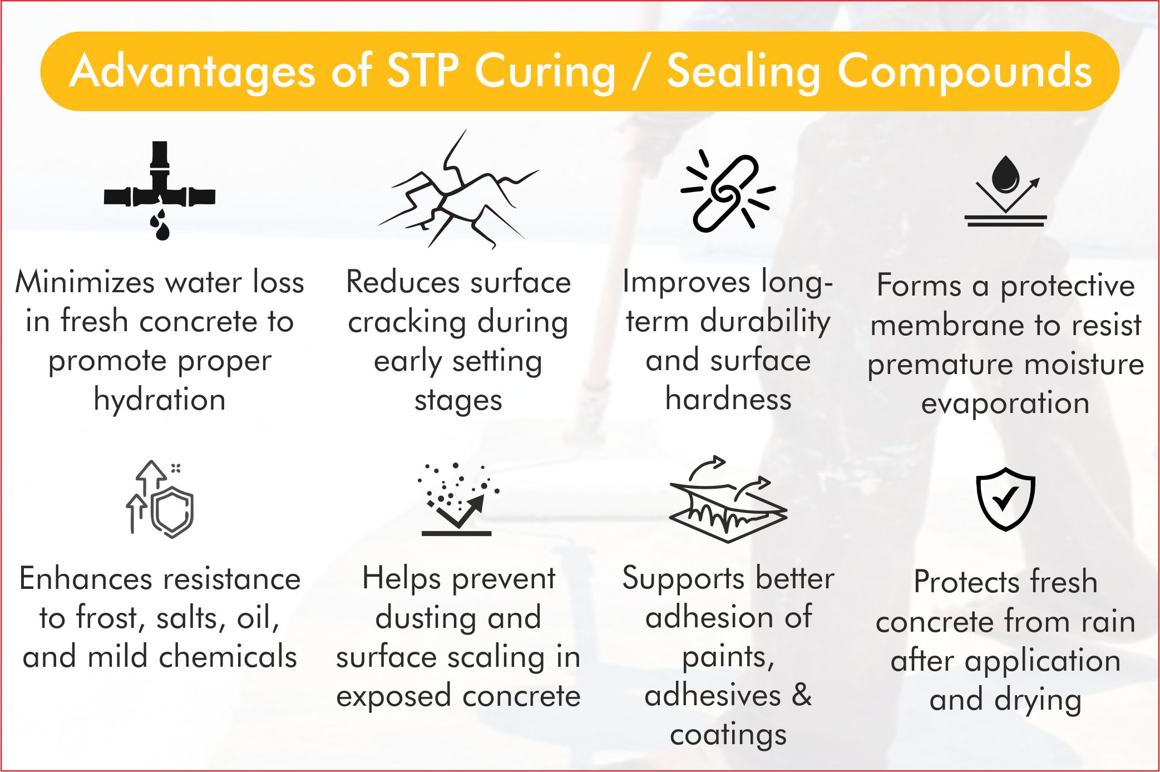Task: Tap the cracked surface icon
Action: click(x=458, y=192)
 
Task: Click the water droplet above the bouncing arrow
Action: click(x=1005, y=173)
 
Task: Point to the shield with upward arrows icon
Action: click(x=160, y=499)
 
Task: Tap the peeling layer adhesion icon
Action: click(x=728, y=501)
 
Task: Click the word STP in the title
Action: click(x=422, y=71)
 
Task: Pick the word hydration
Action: click(x=160, y=400)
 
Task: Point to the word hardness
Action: click(x=728, y=399)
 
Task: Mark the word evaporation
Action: click(x=1005, y=403)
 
